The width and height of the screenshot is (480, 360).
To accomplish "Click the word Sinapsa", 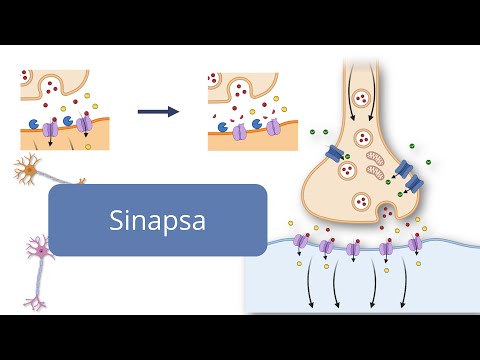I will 157,220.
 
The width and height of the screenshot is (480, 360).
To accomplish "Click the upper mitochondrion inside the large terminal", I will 373,157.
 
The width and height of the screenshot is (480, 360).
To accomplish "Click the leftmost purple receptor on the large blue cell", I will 299,241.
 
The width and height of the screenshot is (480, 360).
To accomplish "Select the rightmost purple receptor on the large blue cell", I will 415,242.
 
